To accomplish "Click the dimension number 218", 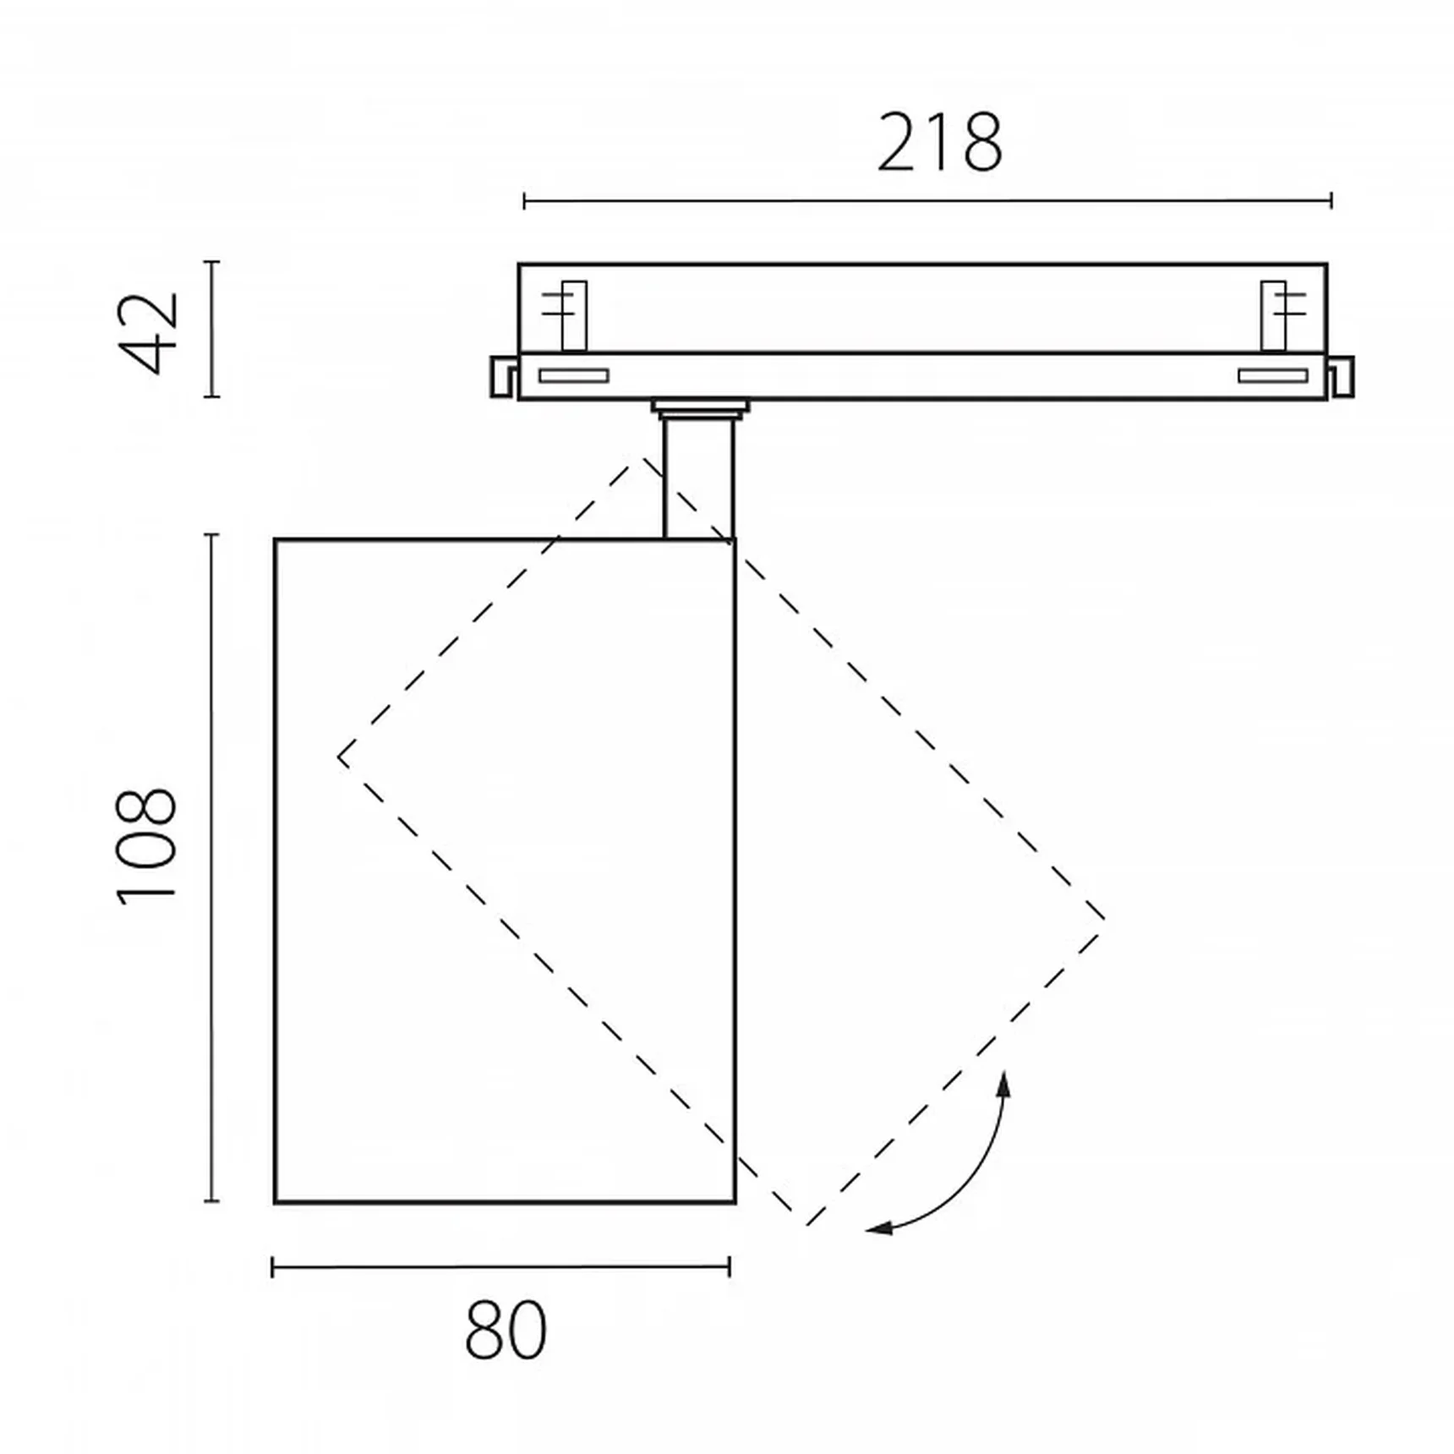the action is click(939, 142).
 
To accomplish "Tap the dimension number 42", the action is click(150, 332).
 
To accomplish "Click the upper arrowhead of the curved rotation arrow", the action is click(1003, 1083).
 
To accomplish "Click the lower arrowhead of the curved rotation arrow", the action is click(879, 1228).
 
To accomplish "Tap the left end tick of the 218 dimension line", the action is click(524, 201).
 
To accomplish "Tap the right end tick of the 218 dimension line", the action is click(1331, 201).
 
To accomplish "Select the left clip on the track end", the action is click(504, 376).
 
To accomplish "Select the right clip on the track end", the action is click(1340, 377).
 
